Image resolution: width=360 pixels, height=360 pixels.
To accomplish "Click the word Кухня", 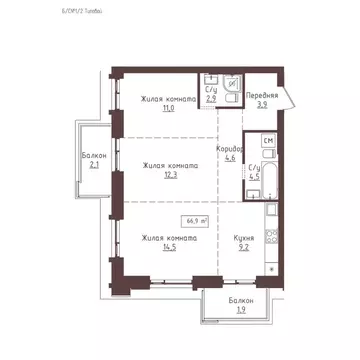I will (243, 238).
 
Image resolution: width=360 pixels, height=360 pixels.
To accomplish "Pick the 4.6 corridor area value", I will (229, 158).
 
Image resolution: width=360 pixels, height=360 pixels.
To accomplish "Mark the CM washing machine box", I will (267, 141).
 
